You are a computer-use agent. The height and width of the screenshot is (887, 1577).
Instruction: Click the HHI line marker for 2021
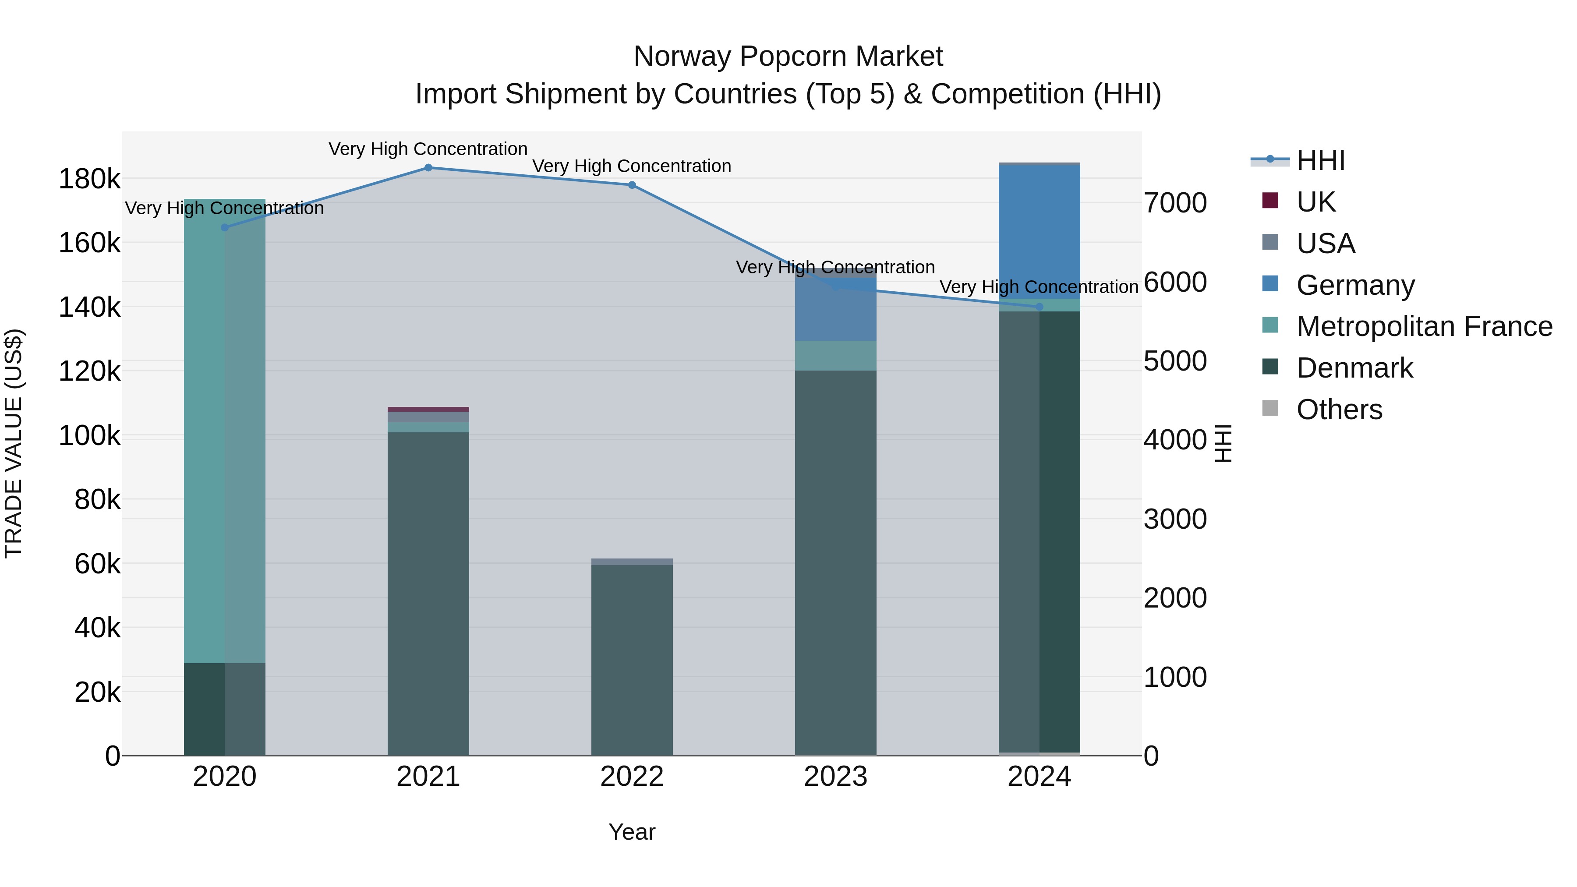(428, 168)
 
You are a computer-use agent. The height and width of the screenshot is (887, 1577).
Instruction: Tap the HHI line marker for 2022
(632, 185)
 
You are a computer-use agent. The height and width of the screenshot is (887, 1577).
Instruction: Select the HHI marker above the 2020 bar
(225, 228)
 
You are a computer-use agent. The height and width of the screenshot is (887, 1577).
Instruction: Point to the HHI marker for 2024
(1039, 307)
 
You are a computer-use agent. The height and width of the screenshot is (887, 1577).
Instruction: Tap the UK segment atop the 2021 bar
(428, 410)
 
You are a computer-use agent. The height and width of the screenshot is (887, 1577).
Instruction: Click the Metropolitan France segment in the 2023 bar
(835, 356)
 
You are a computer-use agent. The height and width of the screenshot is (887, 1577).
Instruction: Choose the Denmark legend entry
(1354, 368)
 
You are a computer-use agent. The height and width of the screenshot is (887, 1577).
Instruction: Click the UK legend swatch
(1270, 201)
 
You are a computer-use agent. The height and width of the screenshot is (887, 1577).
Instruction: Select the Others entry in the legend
(1339, 410)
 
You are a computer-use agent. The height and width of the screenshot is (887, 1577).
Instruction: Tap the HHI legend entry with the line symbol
(1320, 160)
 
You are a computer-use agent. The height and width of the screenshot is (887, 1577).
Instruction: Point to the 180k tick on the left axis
(89, 179)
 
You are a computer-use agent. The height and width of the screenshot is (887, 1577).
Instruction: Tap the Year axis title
(632, 832)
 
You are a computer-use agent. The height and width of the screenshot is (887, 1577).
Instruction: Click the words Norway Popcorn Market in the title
(788, 57)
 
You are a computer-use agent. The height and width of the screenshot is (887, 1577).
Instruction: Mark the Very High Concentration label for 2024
(1039, 286)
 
